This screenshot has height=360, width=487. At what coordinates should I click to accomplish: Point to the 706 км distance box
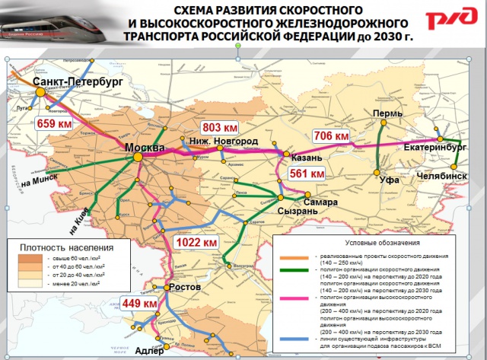(x=332, y=135)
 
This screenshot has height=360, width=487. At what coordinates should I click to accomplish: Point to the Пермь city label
(x=387, y=113)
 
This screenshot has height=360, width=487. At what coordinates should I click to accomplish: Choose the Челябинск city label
(x=441, y=175)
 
